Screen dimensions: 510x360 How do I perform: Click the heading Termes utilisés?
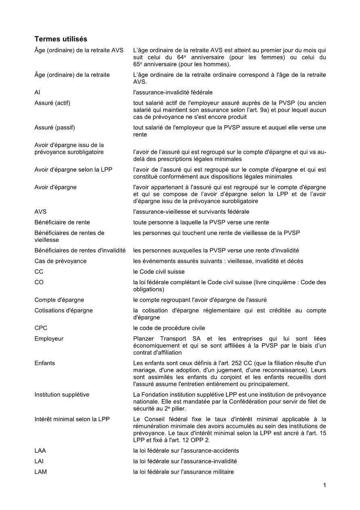pyautogui.click(x=61, y=39)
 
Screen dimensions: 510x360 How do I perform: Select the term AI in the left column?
pyautogui.click(x=37, y=92)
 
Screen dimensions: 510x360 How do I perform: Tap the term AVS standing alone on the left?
pyautogui.click(x=40, y=212)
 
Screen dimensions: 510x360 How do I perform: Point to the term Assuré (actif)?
pyautogui.click(x=52, y=103)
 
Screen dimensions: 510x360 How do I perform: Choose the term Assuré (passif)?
pyautogui.click(x=55, y=128)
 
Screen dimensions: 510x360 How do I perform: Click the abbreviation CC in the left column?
pyautogui.click(x=39, y=272)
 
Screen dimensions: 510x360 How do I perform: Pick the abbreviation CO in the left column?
pyautogui.click(x=39, y=282)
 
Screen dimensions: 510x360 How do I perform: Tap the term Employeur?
pyautogui.click(x=49, y=339)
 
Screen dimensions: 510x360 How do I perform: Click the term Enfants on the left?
pyautogui.click(x=45, y=363)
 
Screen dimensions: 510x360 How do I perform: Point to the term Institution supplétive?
pyautogui.click(x=62, y=395)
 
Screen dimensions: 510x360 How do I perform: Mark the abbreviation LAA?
pyautogui.click(x=40, y=451)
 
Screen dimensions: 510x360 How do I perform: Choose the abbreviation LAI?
pyautogui.click(x=40, y=461)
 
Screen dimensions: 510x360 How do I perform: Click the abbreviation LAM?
pyautogui.click(x=40, y=472)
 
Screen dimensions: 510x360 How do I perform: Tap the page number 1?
pyautogui.click(x=324, y=485)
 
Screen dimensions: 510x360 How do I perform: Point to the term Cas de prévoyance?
pyautogui.click(x=61, y=261)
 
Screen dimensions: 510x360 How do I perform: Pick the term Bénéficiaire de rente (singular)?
pyautogui.click(x=62, y=222)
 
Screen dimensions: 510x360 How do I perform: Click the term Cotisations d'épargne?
pyautogui.click(x=63, y=311)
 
